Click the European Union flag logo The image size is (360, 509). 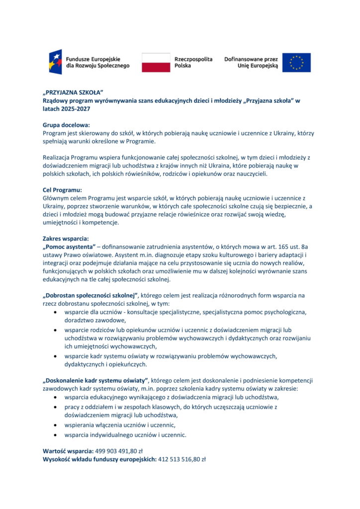(296, 63)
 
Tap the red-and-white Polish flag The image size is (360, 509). (156, 63)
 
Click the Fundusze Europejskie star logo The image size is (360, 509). (55, 62)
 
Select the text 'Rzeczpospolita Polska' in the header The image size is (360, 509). (193, 62)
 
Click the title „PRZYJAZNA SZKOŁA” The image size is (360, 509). (73, 93)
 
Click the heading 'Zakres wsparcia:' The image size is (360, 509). (66, 239)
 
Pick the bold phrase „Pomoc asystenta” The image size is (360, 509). (69, 247)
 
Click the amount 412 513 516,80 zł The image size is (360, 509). (181, 459)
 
